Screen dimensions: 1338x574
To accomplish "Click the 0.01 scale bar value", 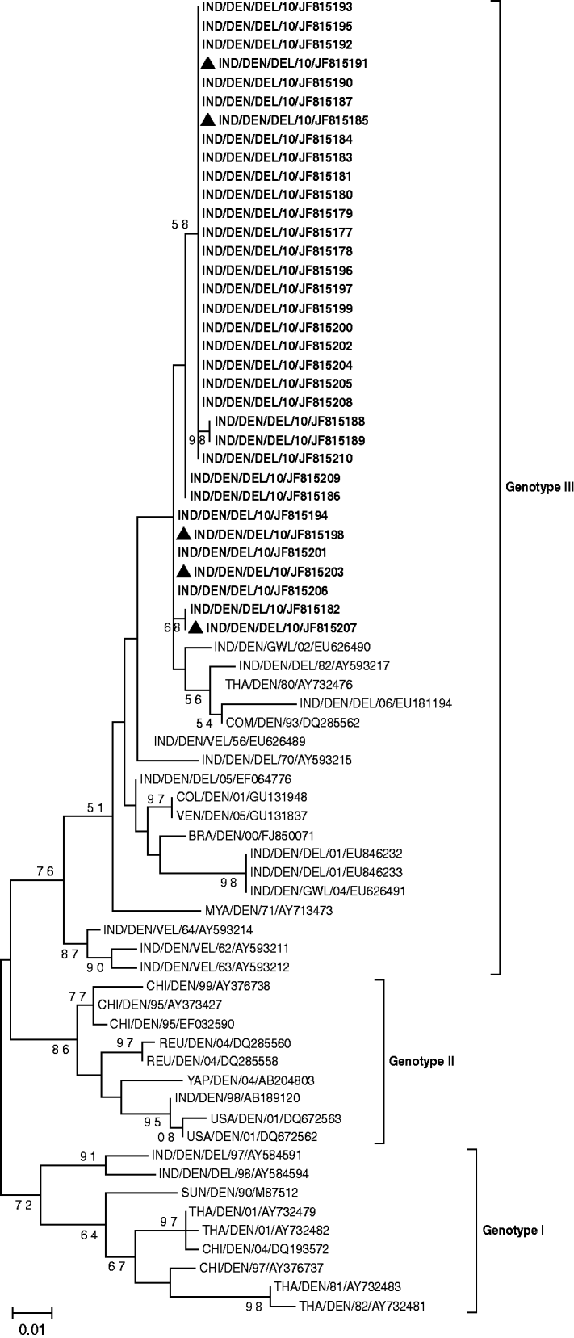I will pyautogui.click(x=33, y=1327).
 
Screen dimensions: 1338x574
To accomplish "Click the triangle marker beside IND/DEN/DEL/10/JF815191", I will pyautogui.click(x=207, y=63).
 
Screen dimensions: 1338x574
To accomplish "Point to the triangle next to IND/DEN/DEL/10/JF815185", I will pyautogui.click(x=207, y=120).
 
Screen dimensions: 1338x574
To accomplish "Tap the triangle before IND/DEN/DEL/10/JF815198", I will pyautogui.click(x=184, y=533).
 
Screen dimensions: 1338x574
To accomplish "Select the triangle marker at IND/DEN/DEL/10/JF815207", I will pyautogui.click(x=195, y=627).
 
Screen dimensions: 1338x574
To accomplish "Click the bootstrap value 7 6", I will pyautogui.click(x=44, y=870).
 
